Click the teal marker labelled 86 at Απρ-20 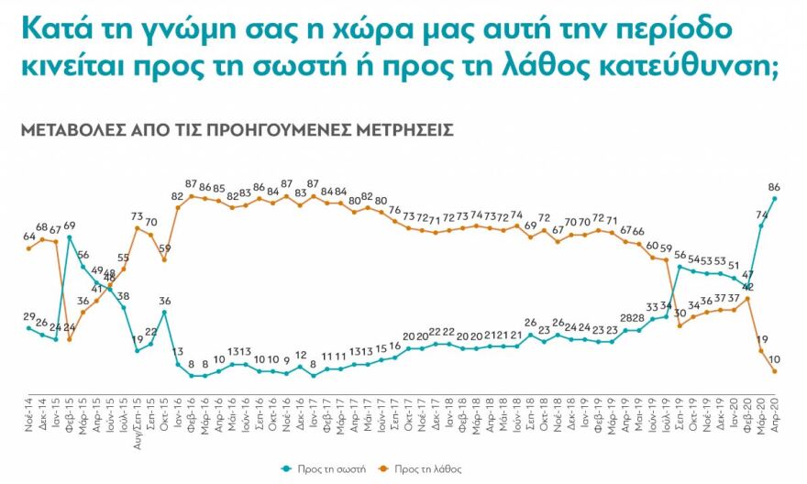tap(775, 198)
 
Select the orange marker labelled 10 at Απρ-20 tap(775, 371)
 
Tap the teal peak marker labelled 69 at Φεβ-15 tap(70, 236)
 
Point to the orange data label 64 tap(29, 236)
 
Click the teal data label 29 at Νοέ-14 tap(29, 316)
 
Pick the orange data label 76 tap(394, 210)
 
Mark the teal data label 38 tap(123, 296)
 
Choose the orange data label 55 tap(123, 258)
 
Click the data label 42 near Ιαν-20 tap(747, 287)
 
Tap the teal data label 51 tap(734, 266)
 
